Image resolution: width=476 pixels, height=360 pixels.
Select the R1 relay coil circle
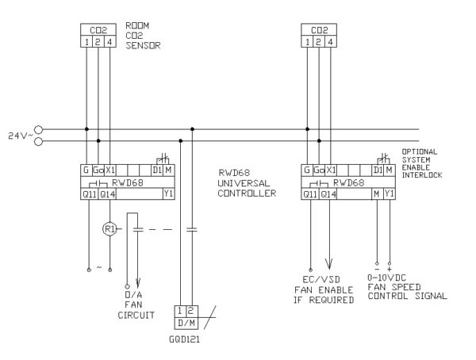[x=110, y=229]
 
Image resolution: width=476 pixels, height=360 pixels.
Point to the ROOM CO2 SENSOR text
[x=144, y=36]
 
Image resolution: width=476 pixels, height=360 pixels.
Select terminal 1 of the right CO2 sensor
[x=308, y=42]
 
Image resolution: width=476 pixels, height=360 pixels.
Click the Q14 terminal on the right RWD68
[x=329, y=193]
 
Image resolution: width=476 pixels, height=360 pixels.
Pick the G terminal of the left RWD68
[x=85, y=170]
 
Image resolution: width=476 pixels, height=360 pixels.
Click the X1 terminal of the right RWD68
[x=332, y=170]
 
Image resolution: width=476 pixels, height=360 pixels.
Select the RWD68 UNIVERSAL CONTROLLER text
[x=247, y=182]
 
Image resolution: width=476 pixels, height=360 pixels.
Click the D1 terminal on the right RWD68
[x=378, y=170]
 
